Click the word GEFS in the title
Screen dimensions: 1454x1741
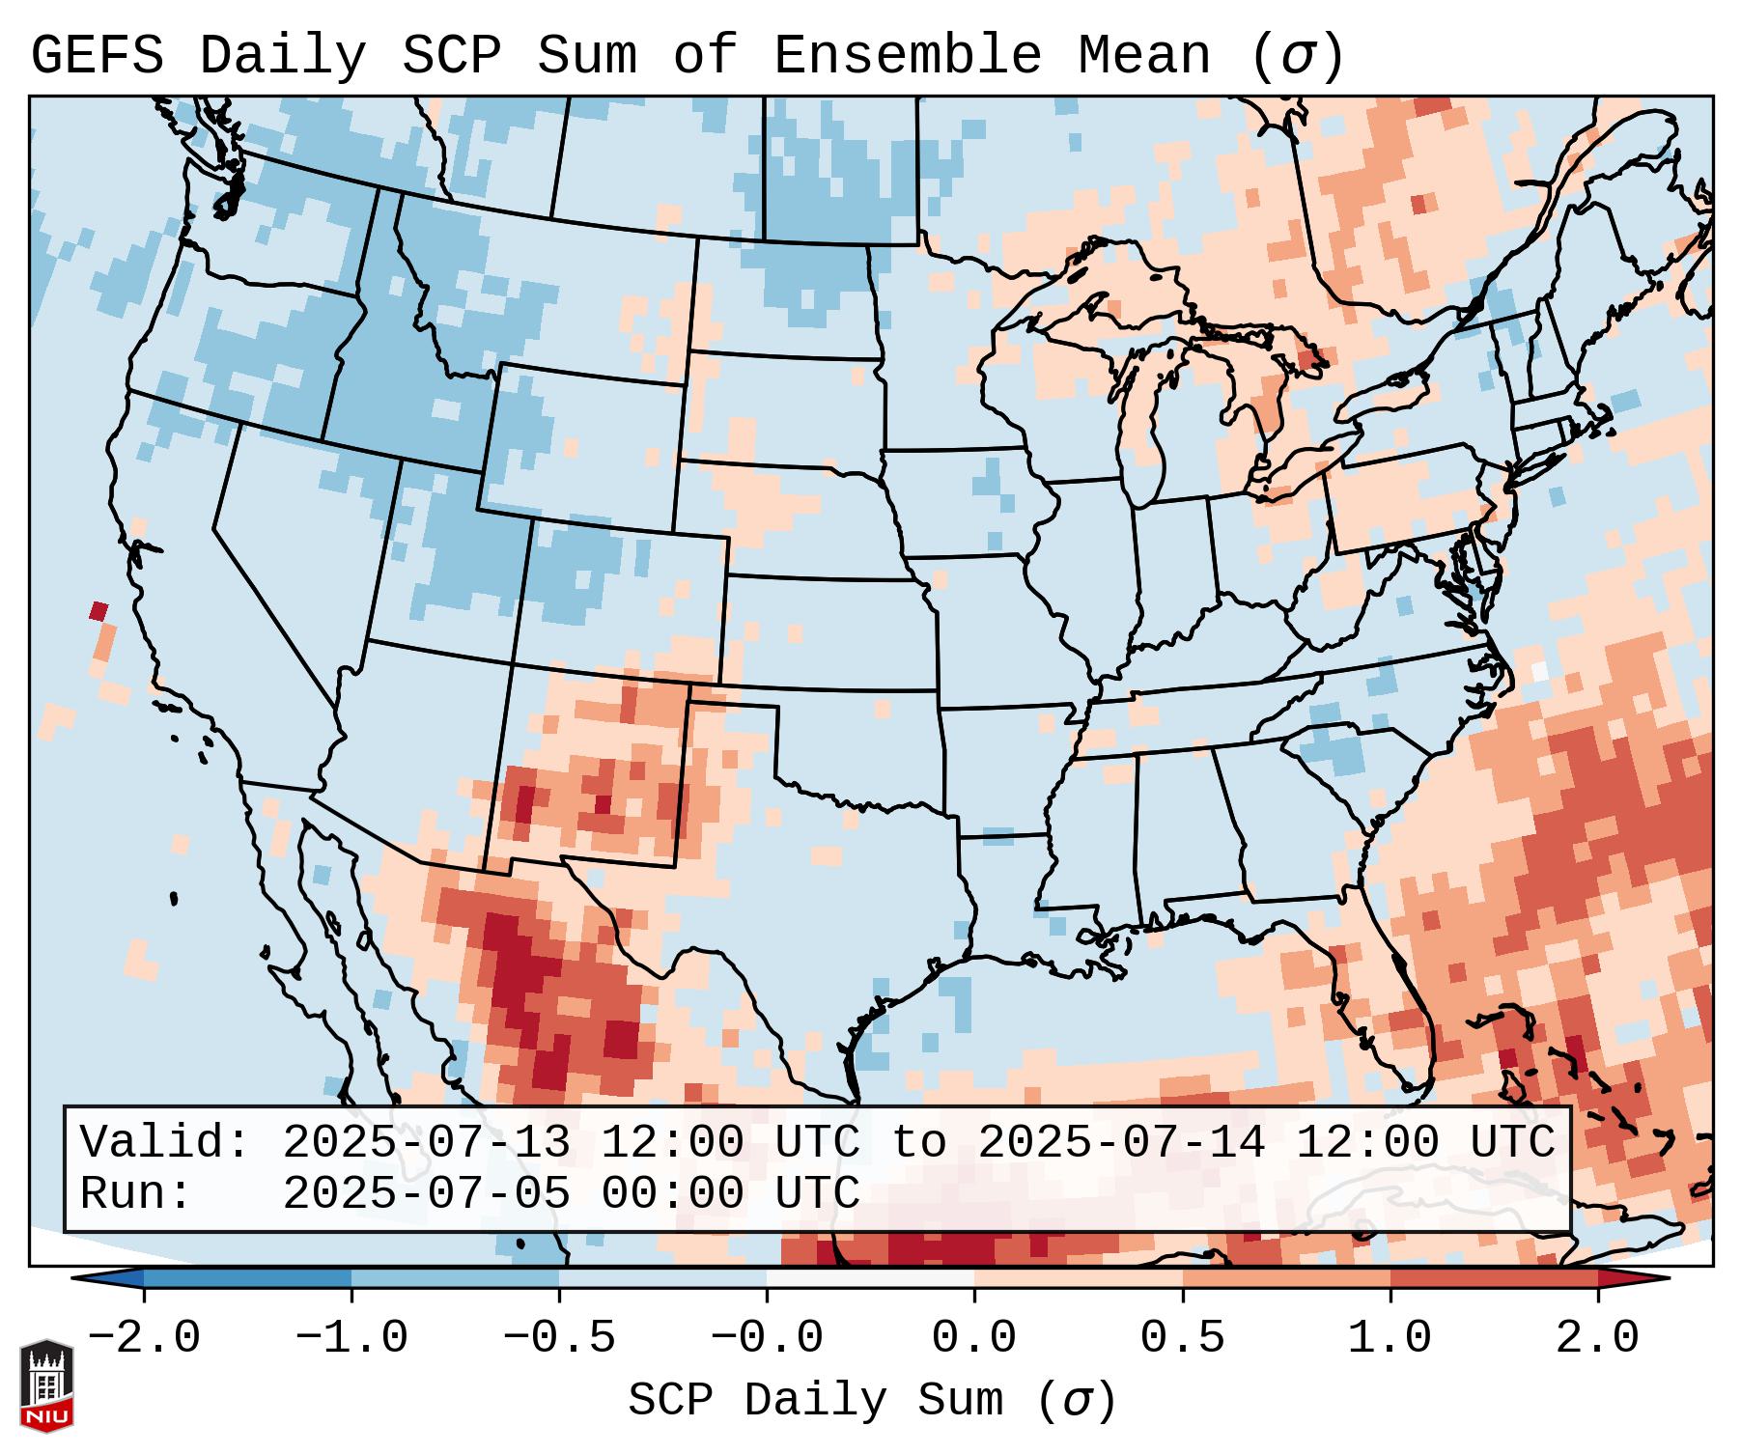point(97,56)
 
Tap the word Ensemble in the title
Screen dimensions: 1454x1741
point(907,56)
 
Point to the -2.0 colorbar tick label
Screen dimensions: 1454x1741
point(144,1338)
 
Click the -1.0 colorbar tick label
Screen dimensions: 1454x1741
point(351,1338)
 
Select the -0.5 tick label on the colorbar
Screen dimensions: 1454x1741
point(559,1338)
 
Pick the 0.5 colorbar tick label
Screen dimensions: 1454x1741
point(1182,1338)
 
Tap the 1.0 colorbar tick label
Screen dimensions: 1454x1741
point(1390,1338)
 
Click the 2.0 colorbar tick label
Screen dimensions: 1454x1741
point(1597,1338)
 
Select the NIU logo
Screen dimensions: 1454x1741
point(46,1385)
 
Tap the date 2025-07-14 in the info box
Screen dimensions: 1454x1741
point(1121,1142)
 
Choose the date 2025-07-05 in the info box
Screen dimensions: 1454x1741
point(425,1193)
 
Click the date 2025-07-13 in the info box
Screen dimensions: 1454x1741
point(425,1142)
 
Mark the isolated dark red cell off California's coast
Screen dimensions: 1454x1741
point(98,610)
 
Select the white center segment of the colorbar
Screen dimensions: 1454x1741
point(870,1278)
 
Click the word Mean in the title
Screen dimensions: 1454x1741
point(1144,56)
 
